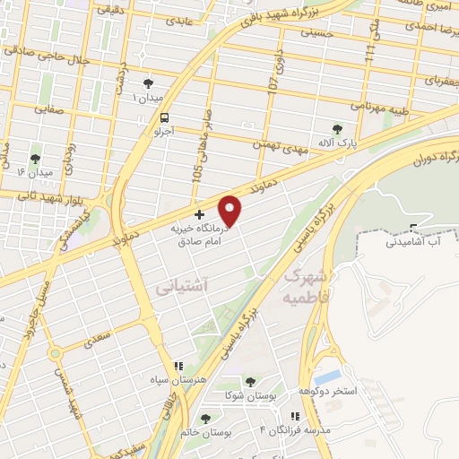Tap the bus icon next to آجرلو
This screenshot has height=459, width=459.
pos(164,117)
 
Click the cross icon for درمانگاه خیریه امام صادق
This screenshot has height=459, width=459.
pos(199,215)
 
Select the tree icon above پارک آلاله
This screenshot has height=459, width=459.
pos(337,128)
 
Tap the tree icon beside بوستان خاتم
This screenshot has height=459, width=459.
pos(206,419)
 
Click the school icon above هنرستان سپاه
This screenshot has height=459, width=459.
pos(178,366)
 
